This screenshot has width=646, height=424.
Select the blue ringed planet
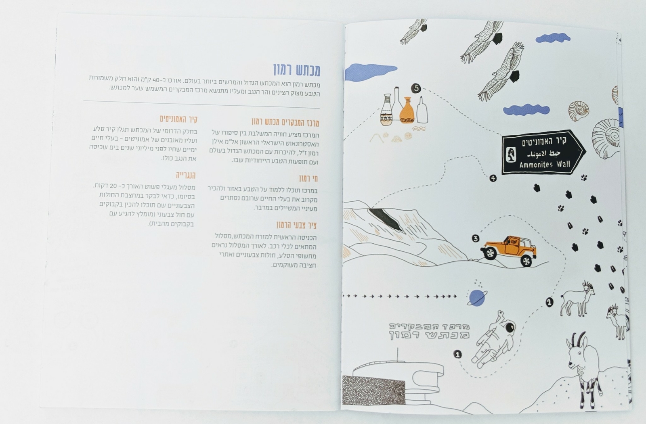pos(477,298)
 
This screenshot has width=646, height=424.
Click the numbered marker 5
pos(416,88)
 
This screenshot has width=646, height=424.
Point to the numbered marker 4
pos(493,178)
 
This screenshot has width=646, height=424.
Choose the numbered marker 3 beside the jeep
pos(475,238)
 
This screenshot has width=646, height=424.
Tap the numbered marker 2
pos(549,302)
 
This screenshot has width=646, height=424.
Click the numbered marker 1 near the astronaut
pos(457,354)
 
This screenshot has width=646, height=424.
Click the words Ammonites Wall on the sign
pos(545,164)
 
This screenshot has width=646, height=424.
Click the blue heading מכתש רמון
pos(297,70)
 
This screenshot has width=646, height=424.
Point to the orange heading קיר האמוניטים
pos(178,119)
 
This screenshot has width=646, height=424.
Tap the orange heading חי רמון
pos(308,178)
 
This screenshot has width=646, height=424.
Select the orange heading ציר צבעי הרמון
pos(297,225)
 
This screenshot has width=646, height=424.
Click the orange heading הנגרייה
pos(186,175)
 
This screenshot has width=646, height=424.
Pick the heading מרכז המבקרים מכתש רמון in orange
pos(285,122)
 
